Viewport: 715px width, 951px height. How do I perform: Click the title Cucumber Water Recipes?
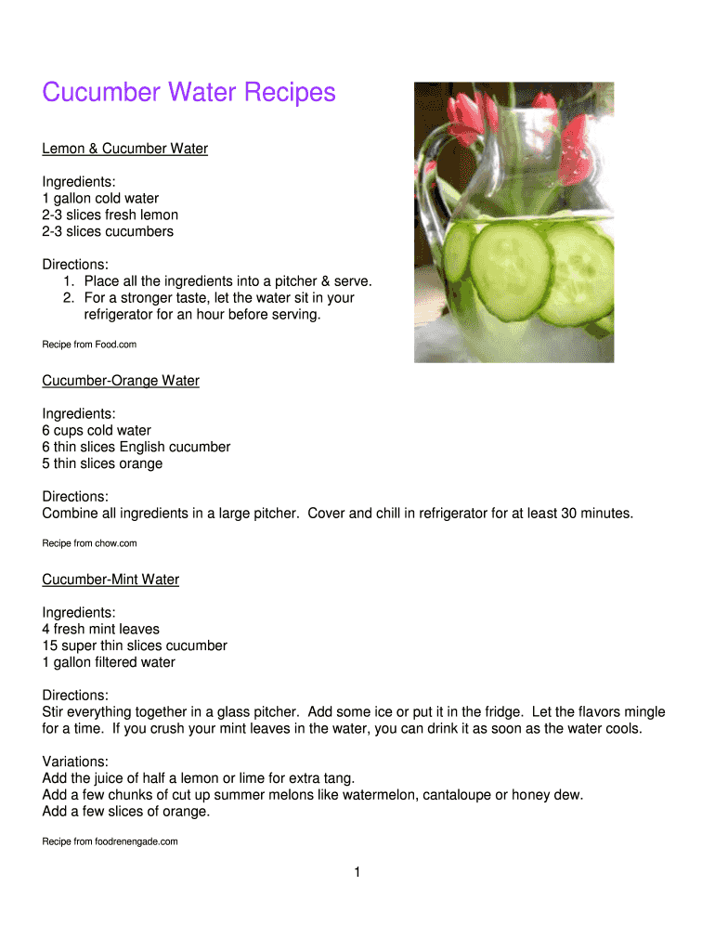[x=188, y=93]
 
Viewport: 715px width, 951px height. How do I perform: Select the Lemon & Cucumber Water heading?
[x=125, y=149]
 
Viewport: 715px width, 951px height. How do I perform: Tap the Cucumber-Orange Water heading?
[x=121, y=381]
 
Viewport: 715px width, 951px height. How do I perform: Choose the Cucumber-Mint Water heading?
[x=110, y=580]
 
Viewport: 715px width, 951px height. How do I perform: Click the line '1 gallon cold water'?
[x=100, y=199]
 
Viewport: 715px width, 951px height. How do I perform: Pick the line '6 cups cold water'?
[x=97, y=431]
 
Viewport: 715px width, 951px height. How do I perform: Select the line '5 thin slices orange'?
[x=102, y=464]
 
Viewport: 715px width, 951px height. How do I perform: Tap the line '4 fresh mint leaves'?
[x=101, y=630]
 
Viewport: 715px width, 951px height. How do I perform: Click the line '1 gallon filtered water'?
[x=109, y=663]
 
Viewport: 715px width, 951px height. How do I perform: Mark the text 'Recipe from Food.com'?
[x=89, y=345]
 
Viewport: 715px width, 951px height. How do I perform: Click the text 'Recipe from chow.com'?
[x=89, y=543]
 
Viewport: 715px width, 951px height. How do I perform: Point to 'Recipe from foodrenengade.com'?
[x=110, y=842]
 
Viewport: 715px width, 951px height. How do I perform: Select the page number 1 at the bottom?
[x=357, y=872]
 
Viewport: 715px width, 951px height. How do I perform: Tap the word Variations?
[x=75, y=762]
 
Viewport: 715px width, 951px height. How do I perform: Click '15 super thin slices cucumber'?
[x=135, y=646]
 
